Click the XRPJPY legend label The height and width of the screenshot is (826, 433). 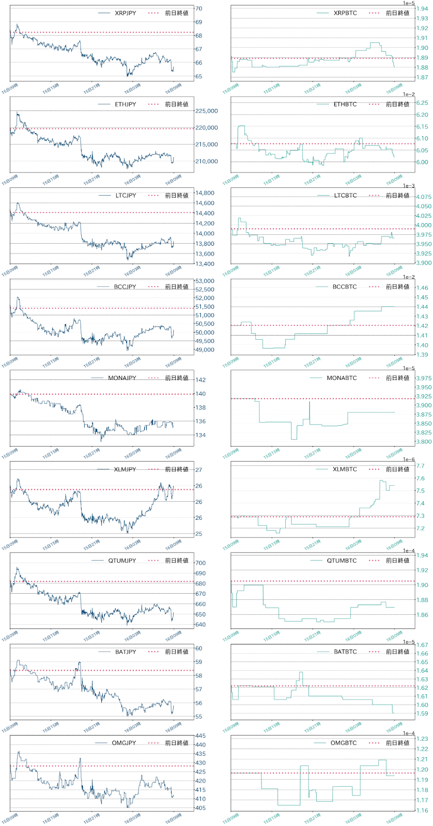point(125,13)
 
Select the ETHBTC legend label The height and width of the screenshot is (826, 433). point(345,104)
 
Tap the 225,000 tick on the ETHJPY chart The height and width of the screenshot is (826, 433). point(206,111)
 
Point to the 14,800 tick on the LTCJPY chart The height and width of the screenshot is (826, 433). point(204,194)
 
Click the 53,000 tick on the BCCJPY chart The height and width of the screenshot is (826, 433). point(204,281)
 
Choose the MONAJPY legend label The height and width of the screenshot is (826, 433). point(122,378)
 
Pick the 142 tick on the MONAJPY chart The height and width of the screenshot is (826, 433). point(200,380)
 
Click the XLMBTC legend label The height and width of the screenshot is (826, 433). point(345,469)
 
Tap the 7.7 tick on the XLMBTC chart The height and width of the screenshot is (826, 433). point(420,466)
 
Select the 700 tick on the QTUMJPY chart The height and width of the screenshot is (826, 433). point(200,563)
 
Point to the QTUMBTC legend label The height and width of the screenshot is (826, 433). point(342,561)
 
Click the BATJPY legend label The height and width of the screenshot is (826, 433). point(125,652)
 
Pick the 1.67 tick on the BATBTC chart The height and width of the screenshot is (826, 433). point(422,645)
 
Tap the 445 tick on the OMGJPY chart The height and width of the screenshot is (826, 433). point(200,736)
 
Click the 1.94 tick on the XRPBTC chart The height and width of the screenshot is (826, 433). point(422,9)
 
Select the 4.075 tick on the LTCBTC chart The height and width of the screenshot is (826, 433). point(424,197)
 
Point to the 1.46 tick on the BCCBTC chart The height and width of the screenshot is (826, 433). point(422,288)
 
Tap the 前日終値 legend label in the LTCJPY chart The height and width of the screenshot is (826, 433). point(177,196)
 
